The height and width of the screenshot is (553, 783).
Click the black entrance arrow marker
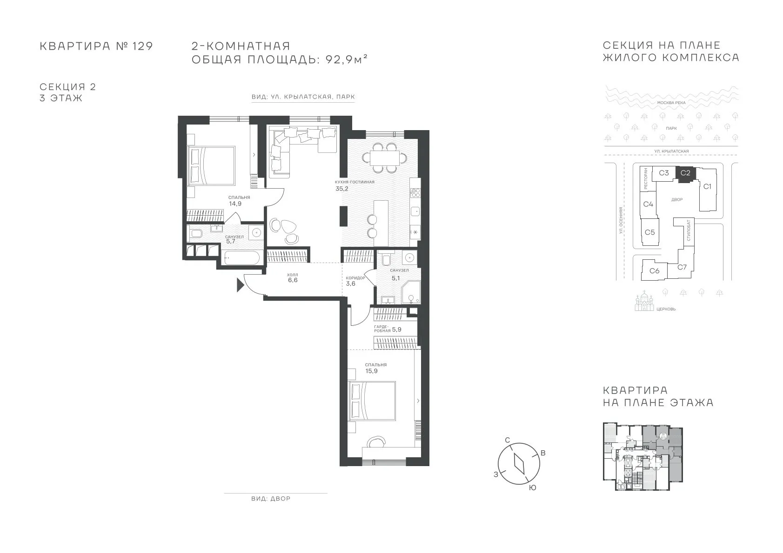[x=240, y=285]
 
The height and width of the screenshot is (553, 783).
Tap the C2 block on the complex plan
[x=685, y=173]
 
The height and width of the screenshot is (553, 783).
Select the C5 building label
[x=649, y=232]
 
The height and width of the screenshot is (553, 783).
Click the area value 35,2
[x=342, y=189]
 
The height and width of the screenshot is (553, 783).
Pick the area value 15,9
[x=371, y=371]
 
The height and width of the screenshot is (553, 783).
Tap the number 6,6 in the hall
[x=293, y=280]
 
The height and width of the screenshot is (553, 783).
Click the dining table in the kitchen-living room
[x=384, y=158]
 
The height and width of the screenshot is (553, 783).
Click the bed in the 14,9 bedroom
[x=211, y=165]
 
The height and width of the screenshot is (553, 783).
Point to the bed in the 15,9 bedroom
[x=372, y=401]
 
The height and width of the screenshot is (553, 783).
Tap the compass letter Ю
[x=532, y=488]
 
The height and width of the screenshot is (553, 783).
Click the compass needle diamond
[x=519, y=464]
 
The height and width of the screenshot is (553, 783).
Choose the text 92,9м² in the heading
[x=347, y=59]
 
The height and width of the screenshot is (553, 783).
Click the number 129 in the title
[x=143, y=46]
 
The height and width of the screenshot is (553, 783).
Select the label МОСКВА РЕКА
[x=671, y=103]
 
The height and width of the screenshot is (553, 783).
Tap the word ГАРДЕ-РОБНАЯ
[x=382, y=329]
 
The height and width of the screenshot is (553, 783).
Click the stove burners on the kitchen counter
[x=415, y=193]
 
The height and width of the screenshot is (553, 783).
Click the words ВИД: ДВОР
[x=271, y=499]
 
